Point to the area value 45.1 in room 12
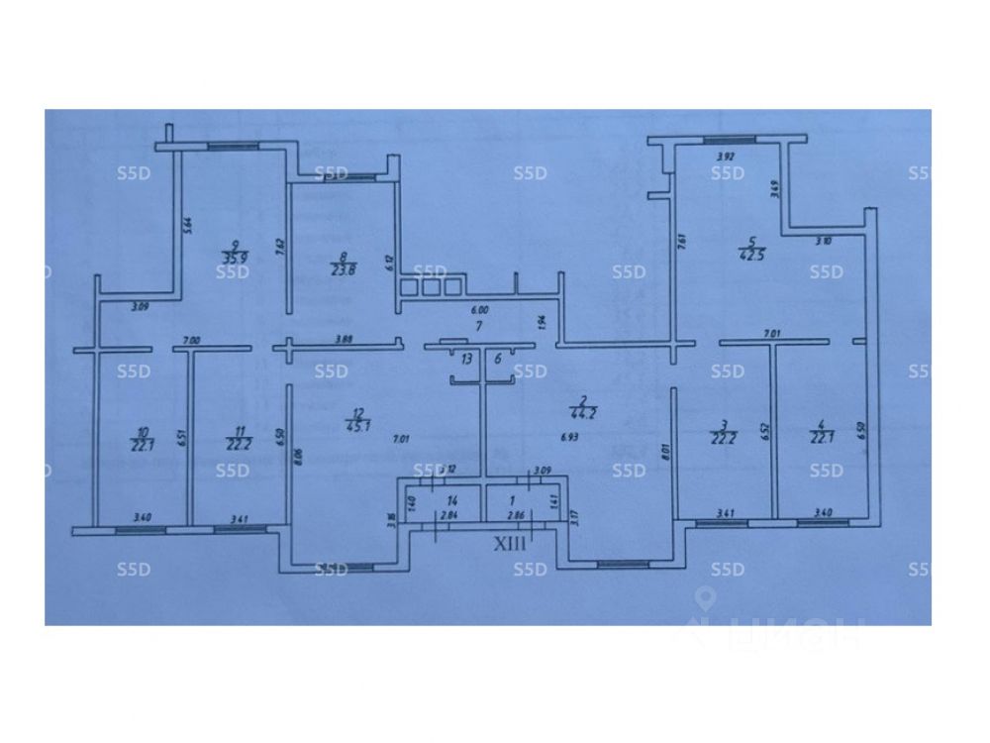click(x=351, y=428)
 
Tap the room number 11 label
click(x=236, y=432)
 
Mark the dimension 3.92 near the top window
click(x=726, y=156)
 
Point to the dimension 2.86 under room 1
click(x=515, y=516)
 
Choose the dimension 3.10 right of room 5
click(x=823, y=241)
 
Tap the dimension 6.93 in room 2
click(x=568, y=437)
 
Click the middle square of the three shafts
click(x=432, y=287)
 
